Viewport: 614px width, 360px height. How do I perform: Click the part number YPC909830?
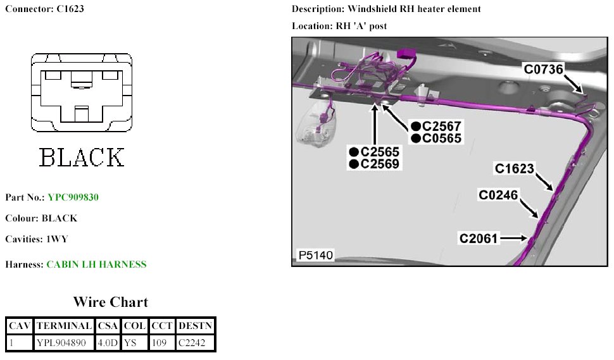(73, 197)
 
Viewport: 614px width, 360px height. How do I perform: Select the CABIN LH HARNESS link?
(96, 264)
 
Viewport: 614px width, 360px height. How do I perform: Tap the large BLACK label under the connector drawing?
(82, 157)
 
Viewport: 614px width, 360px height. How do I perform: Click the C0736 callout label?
(543, 70)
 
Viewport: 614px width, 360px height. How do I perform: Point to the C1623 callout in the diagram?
(515, 169)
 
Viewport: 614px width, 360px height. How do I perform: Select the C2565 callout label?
(380, 152)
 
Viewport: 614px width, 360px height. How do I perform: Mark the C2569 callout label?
(380, 164)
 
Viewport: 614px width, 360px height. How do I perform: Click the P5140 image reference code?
(315, 256)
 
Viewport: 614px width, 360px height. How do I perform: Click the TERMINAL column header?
(63, 326)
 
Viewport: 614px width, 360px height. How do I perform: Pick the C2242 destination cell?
(195, 342)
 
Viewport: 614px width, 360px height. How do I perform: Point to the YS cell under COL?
(134, 342)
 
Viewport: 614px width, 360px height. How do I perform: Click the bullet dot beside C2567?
(415, 127)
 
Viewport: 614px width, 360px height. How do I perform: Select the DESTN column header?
(195, 326)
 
